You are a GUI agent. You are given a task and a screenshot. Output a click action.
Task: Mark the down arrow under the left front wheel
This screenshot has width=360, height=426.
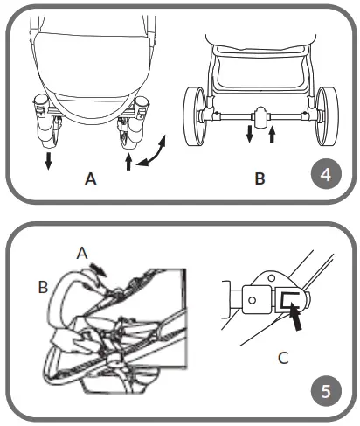pyautogui.click(x=48, y=162)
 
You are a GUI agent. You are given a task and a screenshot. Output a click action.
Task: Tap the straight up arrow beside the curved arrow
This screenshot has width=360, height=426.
pyautogui.click(x=128, y=163)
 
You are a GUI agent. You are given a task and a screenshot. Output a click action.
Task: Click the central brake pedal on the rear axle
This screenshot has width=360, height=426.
pyautogui.click(x=260, y=115)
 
